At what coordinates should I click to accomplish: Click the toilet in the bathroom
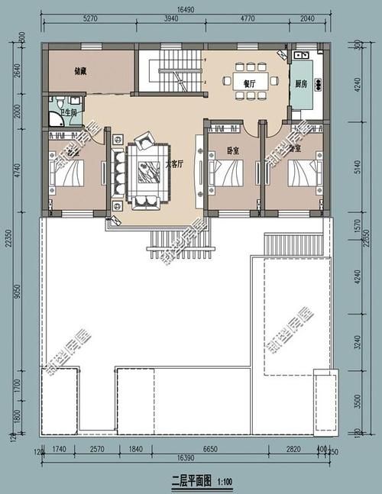click(57, 105)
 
